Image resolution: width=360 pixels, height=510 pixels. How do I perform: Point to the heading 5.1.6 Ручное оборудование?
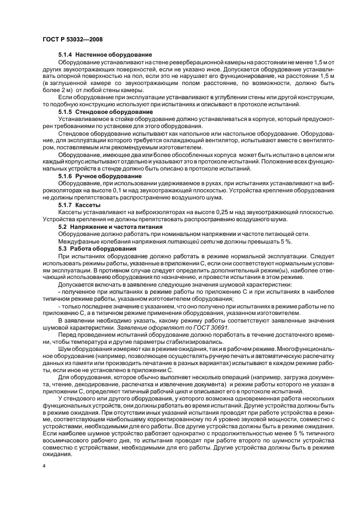[x=100, y=176]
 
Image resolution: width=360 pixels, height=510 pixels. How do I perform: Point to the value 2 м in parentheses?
[x=70, y=89]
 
